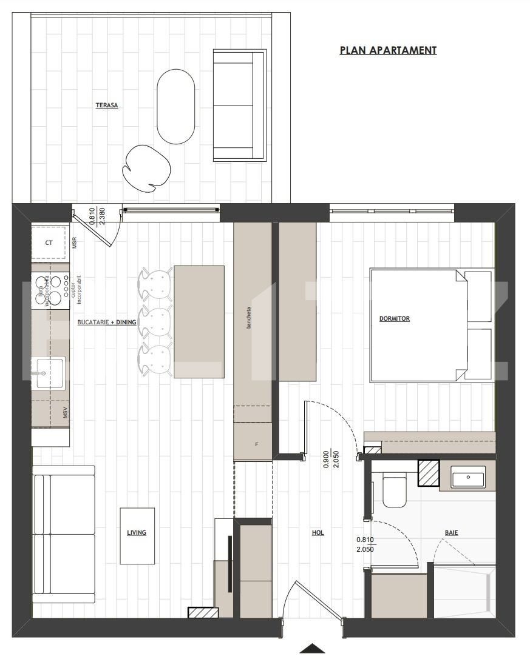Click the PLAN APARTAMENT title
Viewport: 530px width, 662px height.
pos(388,50)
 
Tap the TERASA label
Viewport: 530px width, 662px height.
pos(107,105)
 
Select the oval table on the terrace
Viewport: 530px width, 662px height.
pos(176,107)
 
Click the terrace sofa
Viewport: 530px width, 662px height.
pos(240,106)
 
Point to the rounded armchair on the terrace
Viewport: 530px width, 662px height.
pos(146,168)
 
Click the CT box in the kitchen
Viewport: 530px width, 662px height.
pos(49,243)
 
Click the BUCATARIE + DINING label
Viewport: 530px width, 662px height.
pos(106,323)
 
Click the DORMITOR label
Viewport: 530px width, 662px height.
pos(395,318)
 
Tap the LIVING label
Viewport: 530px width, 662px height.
pos(137,533)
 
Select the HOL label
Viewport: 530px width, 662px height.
pos(318,533)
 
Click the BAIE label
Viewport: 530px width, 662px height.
pos(451,533)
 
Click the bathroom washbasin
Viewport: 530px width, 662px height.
pos(468,477)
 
